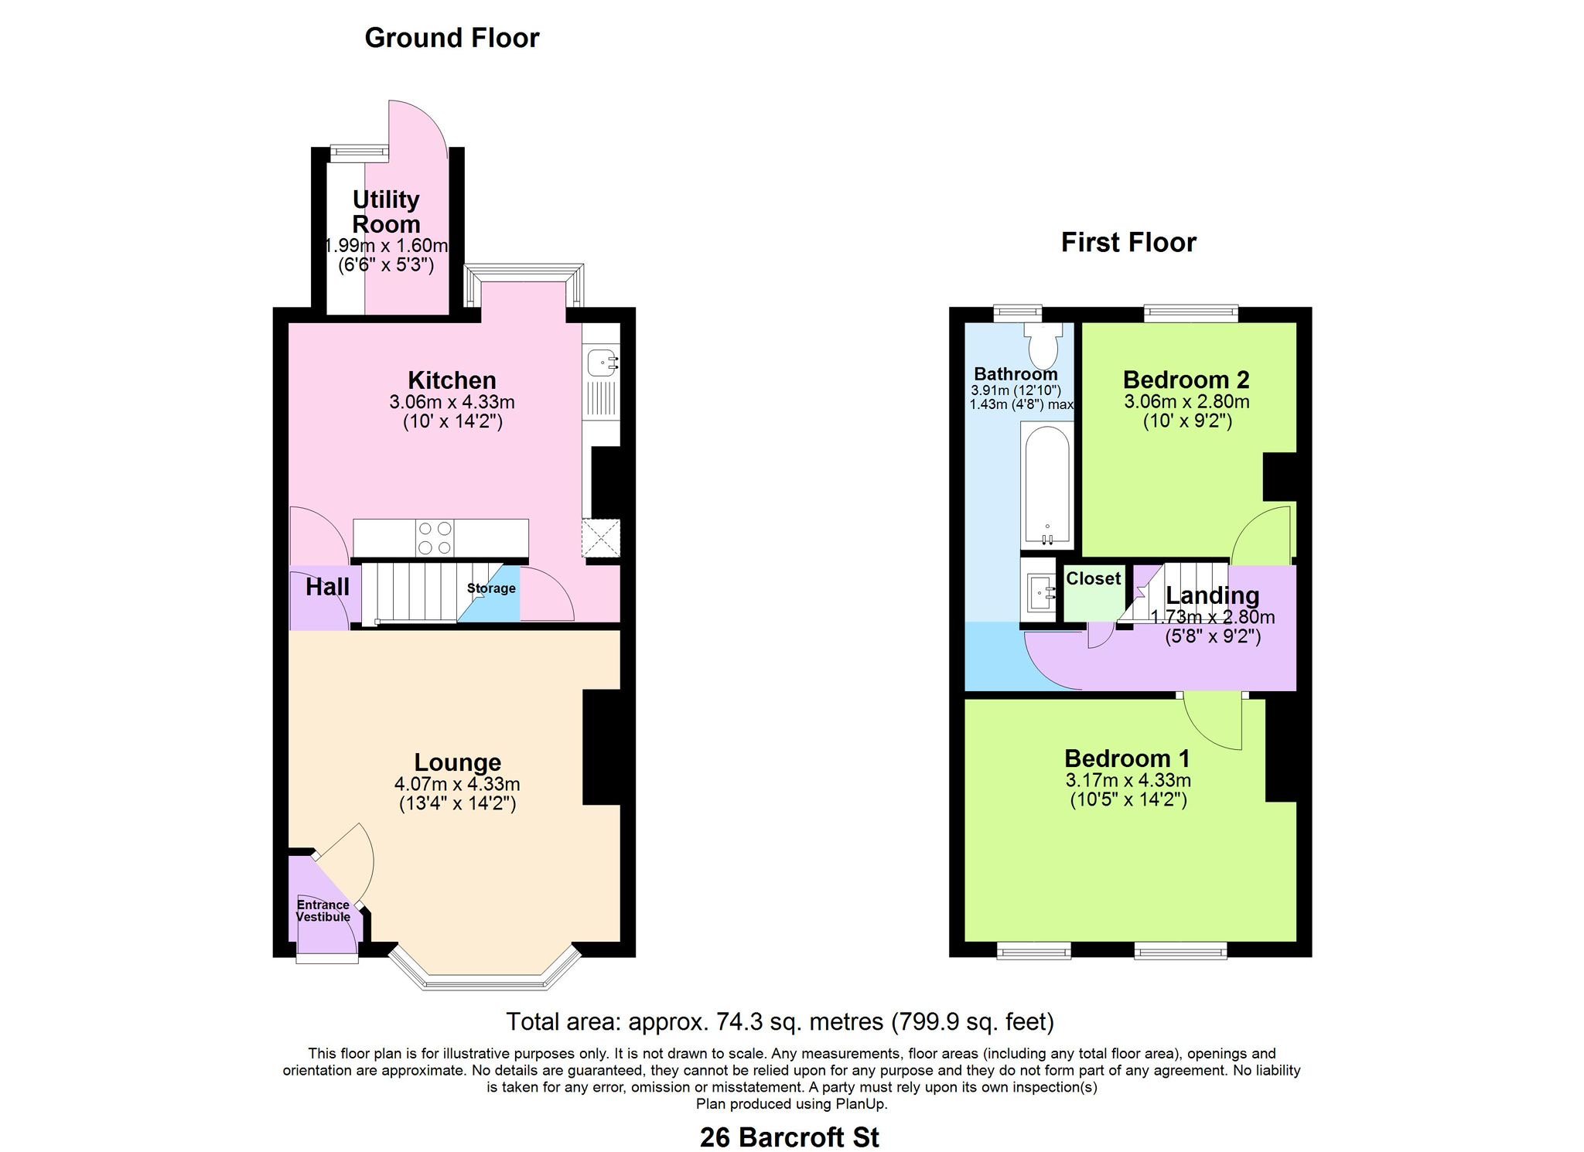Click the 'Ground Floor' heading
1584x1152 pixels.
click(452, 38)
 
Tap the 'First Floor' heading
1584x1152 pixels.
click(1128, 243)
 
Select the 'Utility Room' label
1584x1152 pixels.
click(386, 212)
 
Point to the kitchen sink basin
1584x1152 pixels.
click(601, 362)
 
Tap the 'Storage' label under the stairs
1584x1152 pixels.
click(491, 588)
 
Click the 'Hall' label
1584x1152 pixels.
click(327, 588)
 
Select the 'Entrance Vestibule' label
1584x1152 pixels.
click(323, 911)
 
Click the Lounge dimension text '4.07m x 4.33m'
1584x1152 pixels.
click(457, 784)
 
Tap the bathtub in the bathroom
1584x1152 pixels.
click(1047, 484)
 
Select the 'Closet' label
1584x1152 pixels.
click(1093, 578)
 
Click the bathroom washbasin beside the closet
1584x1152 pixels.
click(1040, 594)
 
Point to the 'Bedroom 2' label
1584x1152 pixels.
click(1186, 380)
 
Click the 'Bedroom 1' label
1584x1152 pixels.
click(1127, 758)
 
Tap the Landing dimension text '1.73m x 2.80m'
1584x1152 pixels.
click(1213, 618)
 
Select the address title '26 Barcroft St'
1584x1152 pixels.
click(790, 1137)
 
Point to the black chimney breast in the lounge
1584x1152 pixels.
click(602, 747)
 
